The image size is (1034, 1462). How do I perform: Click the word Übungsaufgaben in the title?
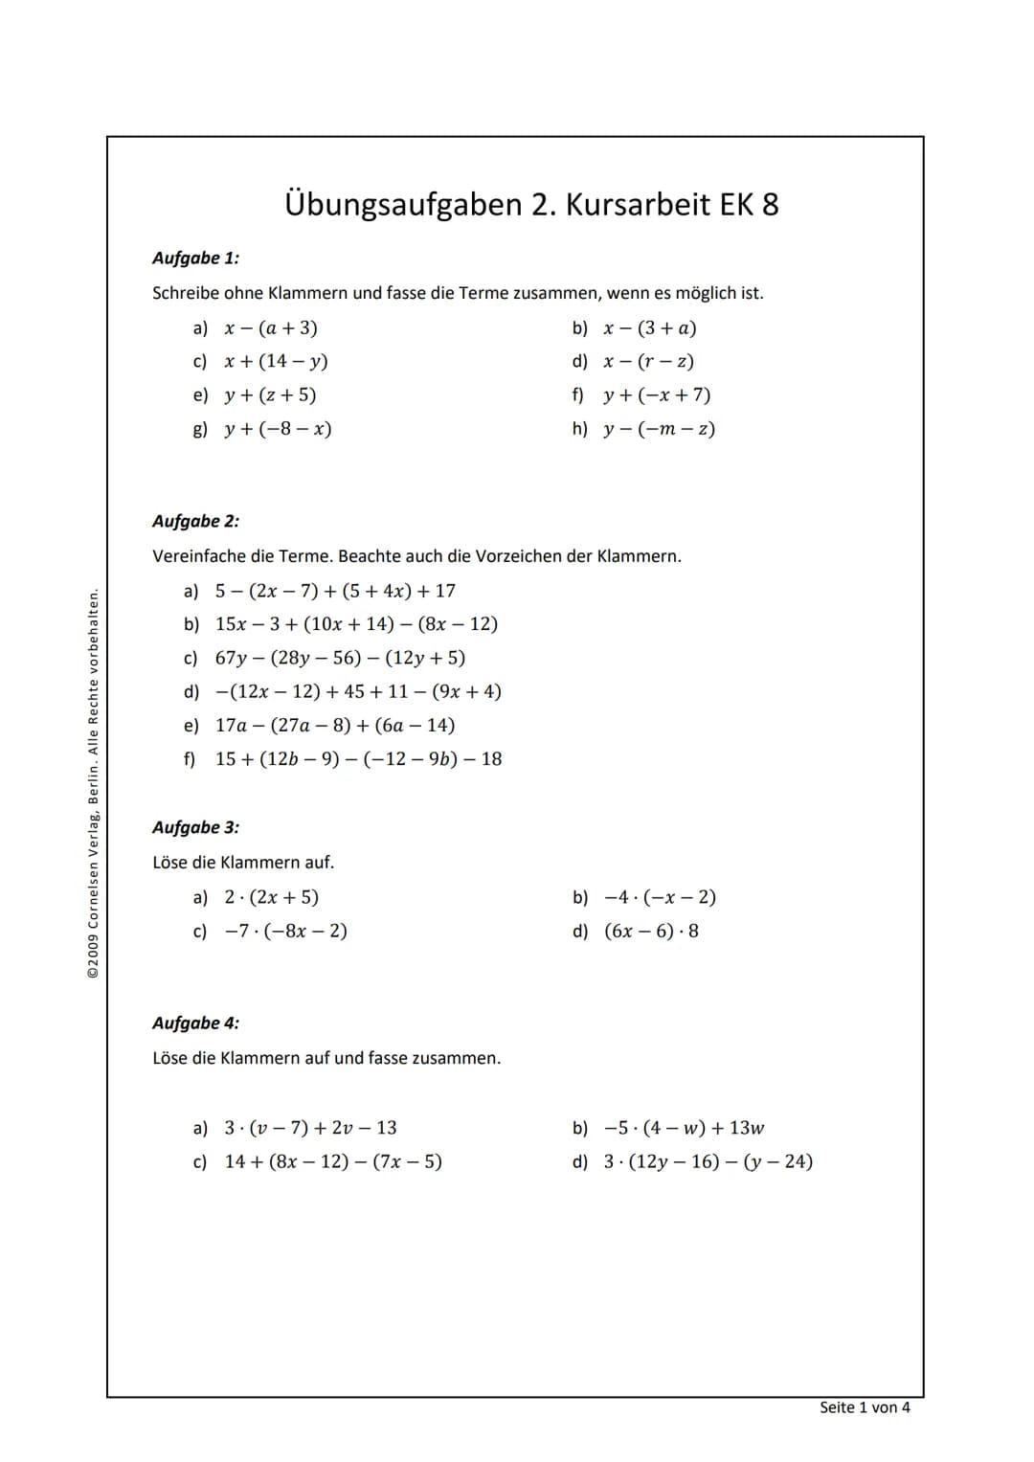pos(402,205)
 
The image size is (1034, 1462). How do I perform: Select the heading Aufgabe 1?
pos(195,259)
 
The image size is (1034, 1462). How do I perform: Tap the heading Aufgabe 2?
pos(195,522)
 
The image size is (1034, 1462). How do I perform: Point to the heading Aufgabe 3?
pos(195,828)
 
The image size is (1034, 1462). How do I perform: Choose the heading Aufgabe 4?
pos(195,1023)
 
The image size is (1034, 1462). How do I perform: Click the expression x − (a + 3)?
pos(271,328)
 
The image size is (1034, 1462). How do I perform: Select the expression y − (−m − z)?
pos(659,429)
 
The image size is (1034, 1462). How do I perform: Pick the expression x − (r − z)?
pos(648,362)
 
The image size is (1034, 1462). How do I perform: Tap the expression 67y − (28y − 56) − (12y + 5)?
pos(340,658)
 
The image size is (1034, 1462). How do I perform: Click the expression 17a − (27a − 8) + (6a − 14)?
pos(335,726)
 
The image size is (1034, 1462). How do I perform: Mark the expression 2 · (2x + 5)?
pos(271,898)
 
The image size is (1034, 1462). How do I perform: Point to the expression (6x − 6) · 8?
pos(651,932)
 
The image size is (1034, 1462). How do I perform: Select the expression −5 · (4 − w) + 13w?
pos(684,1128)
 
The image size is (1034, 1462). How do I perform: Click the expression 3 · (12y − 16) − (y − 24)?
pos(708,1162)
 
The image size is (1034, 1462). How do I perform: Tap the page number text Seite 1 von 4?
pos(865,1407)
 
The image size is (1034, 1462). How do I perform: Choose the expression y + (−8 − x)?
pos(278,429)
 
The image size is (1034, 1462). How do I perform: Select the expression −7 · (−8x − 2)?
pos(285,932)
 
